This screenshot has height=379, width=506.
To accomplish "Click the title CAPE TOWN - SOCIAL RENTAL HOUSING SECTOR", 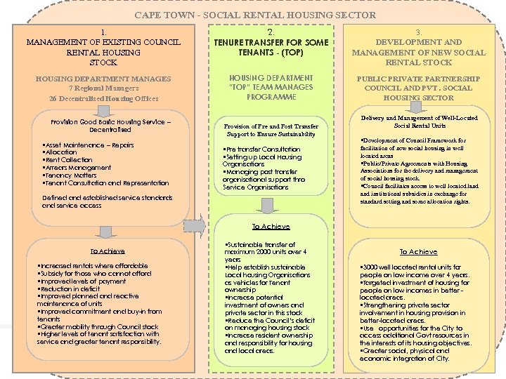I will (254, 15).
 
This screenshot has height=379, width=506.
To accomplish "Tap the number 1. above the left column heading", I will (103, 32).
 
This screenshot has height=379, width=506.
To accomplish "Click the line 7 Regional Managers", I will (104, 88).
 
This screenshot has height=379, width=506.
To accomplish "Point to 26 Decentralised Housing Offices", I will (104, 98).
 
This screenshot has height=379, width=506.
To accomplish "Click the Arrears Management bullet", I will (77, 167).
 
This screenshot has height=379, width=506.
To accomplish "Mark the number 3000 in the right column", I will (370, 267).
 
